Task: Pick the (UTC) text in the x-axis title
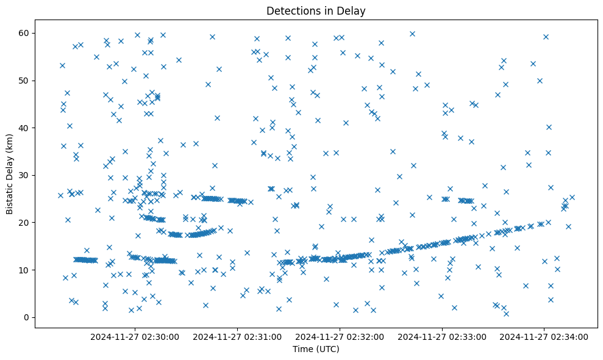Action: [327, 350]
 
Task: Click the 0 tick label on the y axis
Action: [27, 317]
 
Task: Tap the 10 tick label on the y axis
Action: [25, 270]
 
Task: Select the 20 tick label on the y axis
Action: [25, 223]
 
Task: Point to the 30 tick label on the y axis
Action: [25, 175]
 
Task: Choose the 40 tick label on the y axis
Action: [25, 128]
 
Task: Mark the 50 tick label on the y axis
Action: [25, 81]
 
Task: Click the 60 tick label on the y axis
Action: [25, 33]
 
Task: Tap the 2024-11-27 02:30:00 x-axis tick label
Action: [135, 336]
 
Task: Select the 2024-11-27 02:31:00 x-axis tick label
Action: [237, 336]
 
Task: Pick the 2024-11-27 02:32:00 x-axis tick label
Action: [340, 336]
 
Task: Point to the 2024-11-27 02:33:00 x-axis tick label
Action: [442, 336]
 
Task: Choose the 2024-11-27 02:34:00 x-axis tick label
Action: [544, 336]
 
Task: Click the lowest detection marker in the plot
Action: [506, 314]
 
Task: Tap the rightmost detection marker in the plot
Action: [572, 197]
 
